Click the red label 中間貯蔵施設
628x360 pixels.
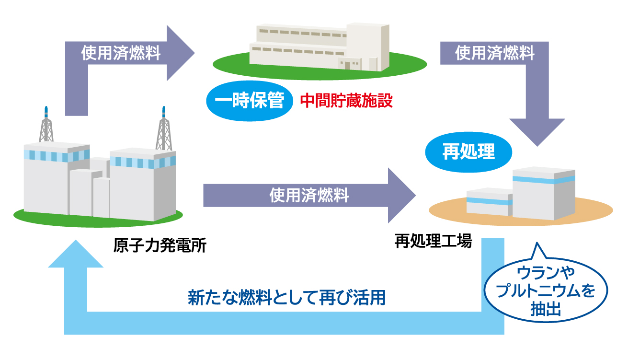(346, 101)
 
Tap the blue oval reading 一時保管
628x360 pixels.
(250, 101)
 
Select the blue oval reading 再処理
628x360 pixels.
(468, 152)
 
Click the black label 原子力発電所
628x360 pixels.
(160, 245)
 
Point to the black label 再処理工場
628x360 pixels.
(433, 241)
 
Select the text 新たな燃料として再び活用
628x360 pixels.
(286, 297)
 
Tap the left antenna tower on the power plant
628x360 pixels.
(46, 125)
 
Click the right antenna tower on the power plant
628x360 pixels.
(164, 128)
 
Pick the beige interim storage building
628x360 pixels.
(320, 47)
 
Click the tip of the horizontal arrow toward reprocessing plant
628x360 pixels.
(416, 195)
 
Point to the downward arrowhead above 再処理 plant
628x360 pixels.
(537, 132)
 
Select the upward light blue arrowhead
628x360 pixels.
(76, 254)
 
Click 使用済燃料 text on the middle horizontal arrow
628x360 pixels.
(309, 195)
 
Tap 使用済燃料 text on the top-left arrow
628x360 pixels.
(121, 53)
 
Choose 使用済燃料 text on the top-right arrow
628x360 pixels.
(495, 53)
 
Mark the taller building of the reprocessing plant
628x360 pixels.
(544, 194)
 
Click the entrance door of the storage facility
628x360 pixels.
(347, 66)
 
